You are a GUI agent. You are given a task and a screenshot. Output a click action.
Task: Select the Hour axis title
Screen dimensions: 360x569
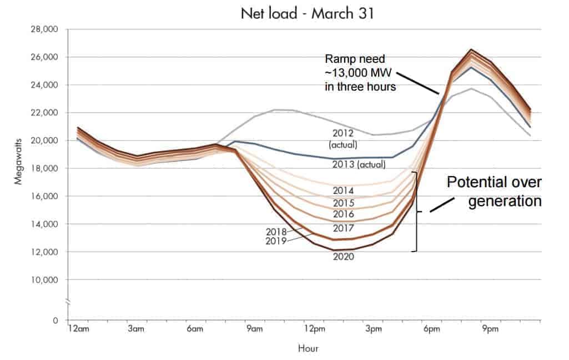coord(308,348)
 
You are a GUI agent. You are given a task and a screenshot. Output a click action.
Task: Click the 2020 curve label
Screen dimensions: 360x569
coord(344,257)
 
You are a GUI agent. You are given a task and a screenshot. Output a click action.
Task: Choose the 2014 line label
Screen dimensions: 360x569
coord(344,190)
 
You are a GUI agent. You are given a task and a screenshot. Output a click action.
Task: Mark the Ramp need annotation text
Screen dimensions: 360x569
coord(361,72)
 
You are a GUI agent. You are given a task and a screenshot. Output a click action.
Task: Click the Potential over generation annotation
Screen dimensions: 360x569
coord(494,192)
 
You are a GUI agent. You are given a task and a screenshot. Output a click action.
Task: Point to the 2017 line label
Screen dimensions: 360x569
coord(344,228)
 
